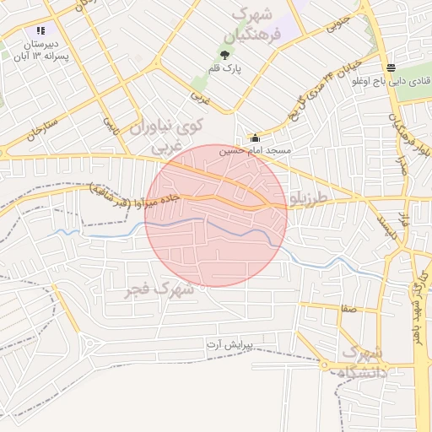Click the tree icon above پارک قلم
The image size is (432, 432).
tap(224, 55)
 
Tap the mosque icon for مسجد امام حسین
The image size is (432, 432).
tap(255, 138)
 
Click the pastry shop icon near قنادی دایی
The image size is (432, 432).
tap(389, 68)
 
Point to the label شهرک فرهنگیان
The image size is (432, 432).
tap(250, 25)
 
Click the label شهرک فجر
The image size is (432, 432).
tap(159, 289)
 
